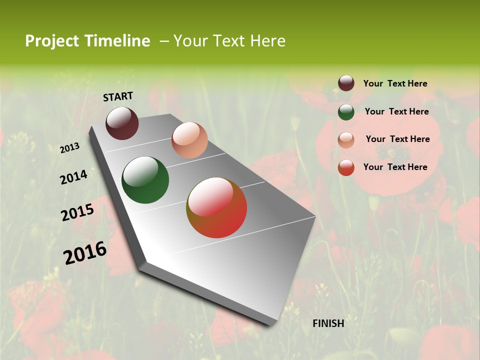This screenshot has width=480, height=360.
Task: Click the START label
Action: coord(118,96)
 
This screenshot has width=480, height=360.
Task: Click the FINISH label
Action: coord(328,323)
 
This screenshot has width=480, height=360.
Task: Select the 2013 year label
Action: coord(70,148)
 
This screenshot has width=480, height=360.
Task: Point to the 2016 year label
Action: coord(85,253)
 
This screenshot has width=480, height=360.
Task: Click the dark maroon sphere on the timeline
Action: coord(122,123)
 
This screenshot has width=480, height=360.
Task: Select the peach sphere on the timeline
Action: coord(189,140)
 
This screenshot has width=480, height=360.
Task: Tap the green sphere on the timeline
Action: coord(145,180)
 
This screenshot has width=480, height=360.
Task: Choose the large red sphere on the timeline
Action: coord(216,207)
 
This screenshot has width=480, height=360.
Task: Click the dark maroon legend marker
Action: coord(346,83)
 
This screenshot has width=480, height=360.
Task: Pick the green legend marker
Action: coord(346,112)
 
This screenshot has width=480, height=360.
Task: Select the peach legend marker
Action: coord(346,139)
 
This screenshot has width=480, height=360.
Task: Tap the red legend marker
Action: coord(346,167)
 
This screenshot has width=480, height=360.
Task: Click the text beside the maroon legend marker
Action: coord(395,84)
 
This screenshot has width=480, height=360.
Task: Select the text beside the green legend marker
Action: coord(396,111)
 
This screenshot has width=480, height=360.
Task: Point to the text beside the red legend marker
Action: coord(395,167)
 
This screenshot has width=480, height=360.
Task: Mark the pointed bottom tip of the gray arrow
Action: coord(270,324)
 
